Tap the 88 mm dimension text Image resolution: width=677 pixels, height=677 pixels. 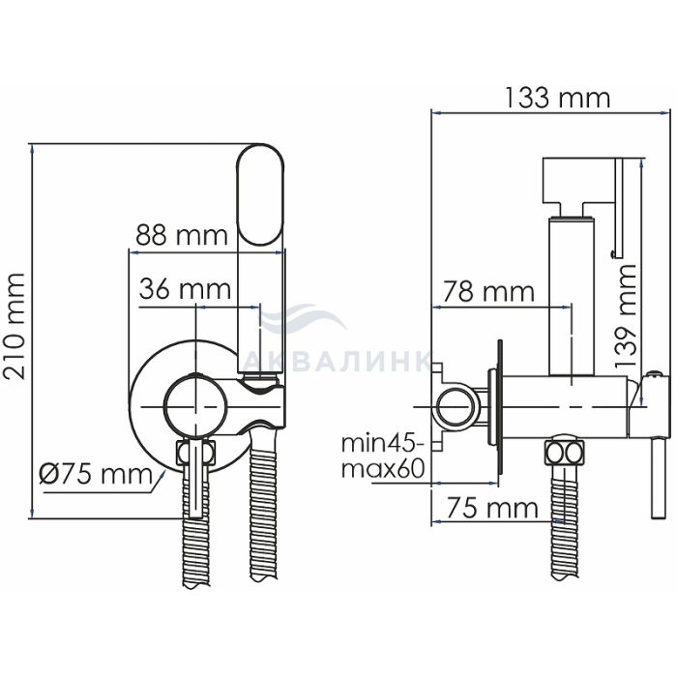click(x=182, y=235)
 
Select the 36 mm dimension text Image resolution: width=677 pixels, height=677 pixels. click(x=186, y=289)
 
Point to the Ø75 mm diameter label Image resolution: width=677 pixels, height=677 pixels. click(x=96, y=475)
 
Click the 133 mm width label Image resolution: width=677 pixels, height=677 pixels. click(x=557, y=98)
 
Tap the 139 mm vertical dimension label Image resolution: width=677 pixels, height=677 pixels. click(x=626, y=316)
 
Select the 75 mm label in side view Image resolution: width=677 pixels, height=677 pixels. click(x=492, y=508)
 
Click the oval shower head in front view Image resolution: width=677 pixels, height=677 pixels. click(x=261, y=194)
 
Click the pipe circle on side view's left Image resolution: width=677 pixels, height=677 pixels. click(x=456, y=408)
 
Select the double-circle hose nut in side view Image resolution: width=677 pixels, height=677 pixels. click(x=564, y=454)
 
